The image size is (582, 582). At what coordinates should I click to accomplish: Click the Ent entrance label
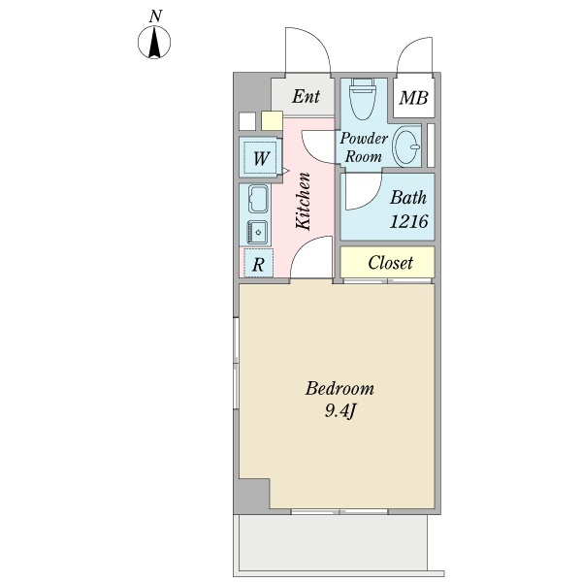pos(306,96)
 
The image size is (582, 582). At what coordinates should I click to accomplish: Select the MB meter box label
pos(414,98)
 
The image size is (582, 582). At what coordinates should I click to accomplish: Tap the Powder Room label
pos(363,146)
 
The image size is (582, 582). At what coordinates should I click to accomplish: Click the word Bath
pos(408,198)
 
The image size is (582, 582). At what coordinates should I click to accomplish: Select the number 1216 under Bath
pos(408,221)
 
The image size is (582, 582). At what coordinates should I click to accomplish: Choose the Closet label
pos(390,263)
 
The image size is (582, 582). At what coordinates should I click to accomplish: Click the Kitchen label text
pos(303,200)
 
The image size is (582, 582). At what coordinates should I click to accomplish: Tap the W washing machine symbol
pos(261,157)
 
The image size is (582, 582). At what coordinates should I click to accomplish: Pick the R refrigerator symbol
pos(258,263)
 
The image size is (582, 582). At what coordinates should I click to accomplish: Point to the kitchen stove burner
pos(258,231)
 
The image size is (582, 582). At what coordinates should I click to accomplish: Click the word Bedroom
pos(339,389)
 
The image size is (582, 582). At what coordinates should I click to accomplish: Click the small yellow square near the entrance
pos(271,121)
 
